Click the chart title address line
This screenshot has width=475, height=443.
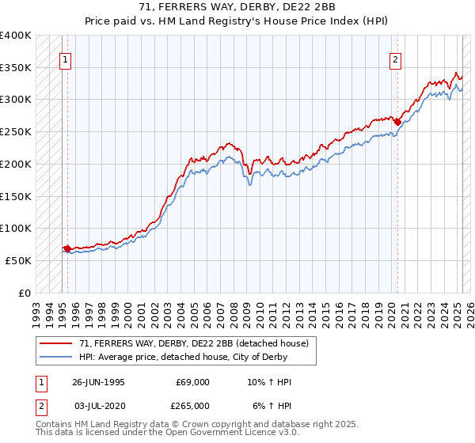[x=238, y=8]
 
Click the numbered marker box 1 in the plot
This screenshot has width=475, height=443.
[x=64, y=58]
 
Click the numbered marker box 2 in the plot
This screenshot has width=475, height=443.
[x=395, y=58]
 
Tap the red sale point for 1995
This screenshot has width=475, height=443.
[x=68, y=248]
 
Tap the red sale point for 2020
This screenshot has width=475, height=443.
[x=397, y=122]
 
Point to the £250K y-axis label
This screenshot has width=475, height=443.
[x=16, y=132]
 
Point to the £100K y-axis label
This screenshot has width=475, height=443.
[x=16, y=228]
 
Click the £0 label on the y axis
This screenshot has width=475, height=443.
[x=25, y=292]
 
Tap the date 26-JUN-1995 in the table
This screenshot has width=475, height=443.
[x=98, y=382]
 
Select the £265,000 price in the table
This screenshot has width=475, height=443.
[x=193, y=406]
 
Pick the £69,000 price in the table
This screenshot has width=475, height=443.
[x=193, y=382]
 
